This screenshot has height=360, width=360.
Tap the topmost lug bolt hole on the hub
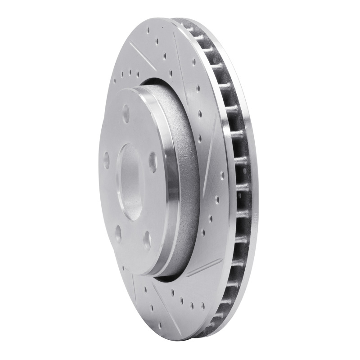[126, 111]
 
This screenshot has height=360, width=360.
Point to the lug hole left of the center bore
[107, 159]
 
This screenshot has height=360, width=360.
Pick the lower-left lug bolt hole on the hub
[118, 234]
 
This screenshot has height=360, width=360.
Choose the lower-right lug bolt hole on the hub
[146, 241]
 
